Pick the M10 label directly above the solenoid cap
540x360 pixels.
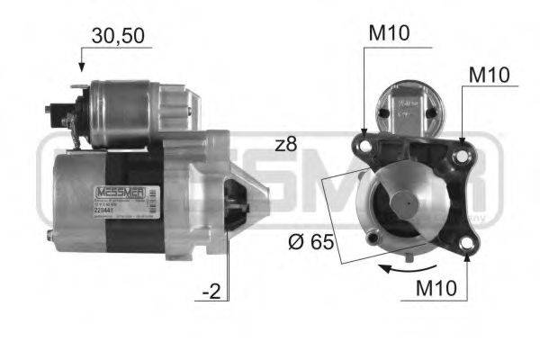click(389, 33)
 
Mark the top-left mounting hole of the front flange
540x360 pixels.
click(365, 144)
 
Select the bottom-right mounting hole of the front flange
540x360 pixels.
click(466, 242)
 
